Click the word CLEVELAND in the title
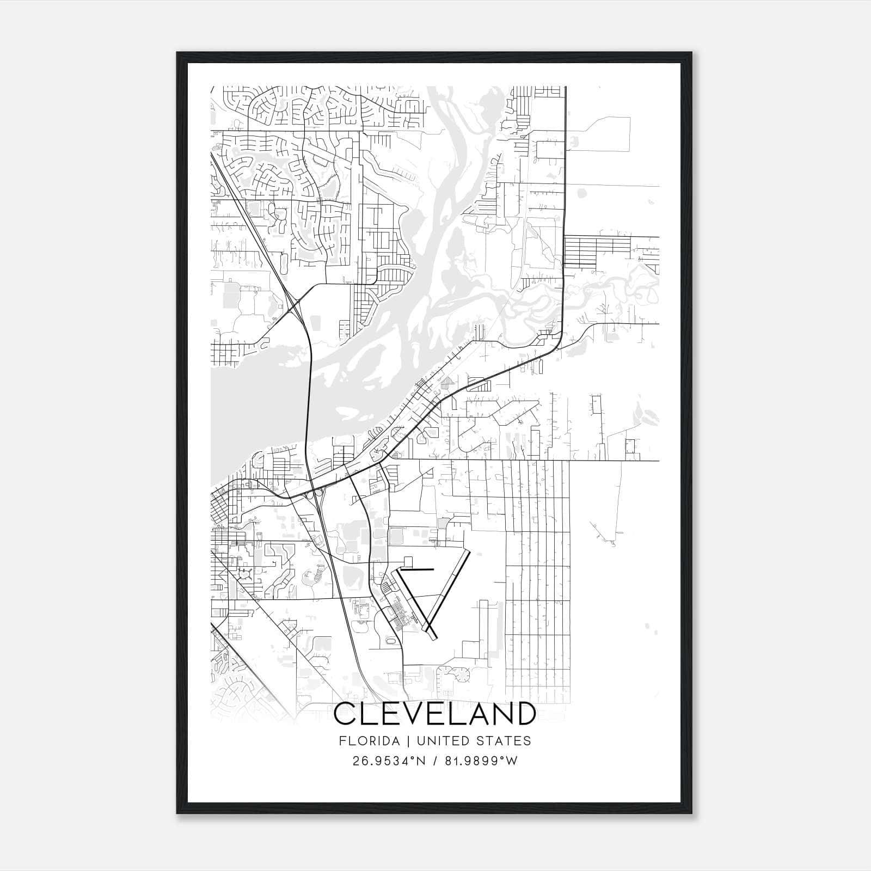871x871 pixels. coord(434,714)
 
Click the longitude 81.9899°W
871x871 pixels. coord(481,761)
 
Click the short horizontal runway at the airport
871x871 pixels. coord(416,569)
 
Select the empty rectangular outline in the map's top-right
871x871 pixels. coord(605,134)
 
